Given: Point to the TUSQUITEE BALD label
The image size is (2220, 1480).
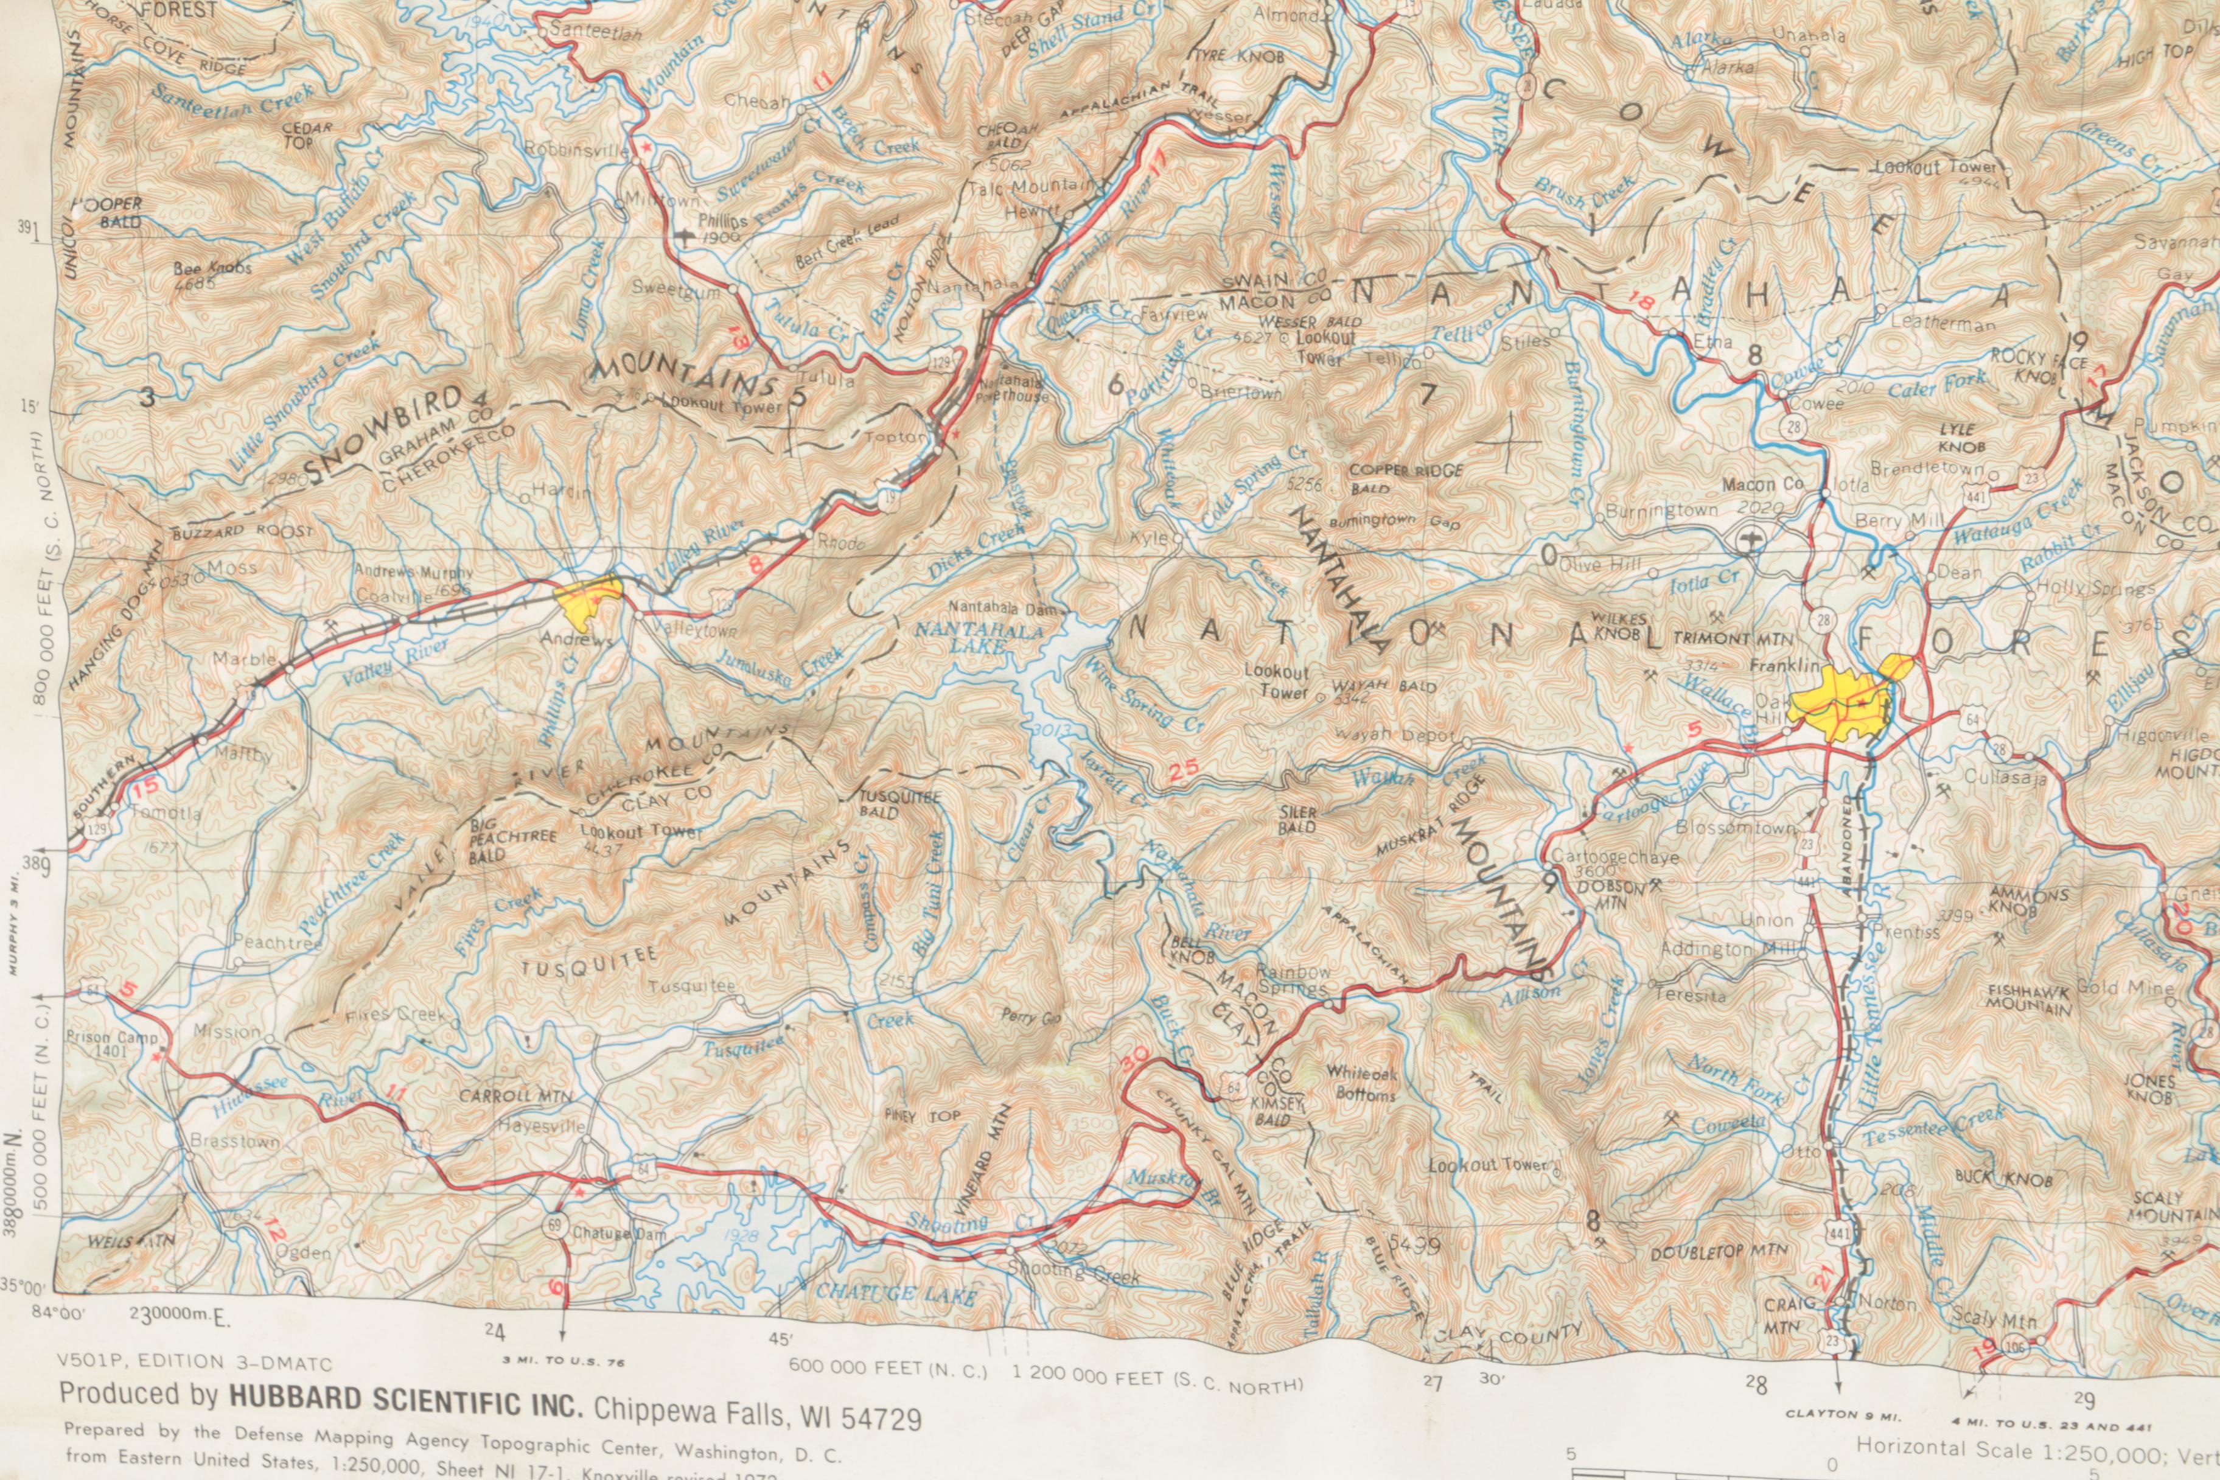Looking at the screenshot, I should click(899, 804).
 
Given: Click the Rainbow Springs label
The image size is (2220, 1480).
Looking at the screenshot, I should click(1292, 981).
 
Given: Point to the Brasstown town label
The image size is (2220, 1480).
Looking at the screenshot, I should click(221, 1141).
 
